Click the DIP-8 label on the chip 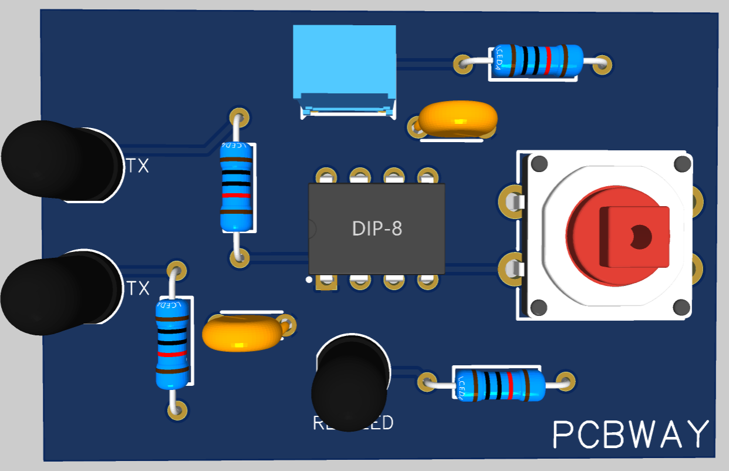pyautogui.click(x=377, y=228)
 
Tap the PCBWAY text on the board pyautogui.click(x=631, y=435)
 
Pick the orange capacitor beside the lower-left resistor pyautogui.click(x=241, y=333)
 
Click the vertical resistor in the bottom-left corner pyautogui.click(x=173, y=343)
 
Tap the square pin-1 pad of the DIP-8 pyautogui.click(x=326, y=282)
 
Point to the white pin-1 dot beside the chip pyautogui.click(x=309, y=280)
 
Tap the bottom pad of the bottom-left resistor pyautogui.click(x=176, y=409)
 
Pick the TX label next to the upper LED pyautogui.click(x=137, y=166)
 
